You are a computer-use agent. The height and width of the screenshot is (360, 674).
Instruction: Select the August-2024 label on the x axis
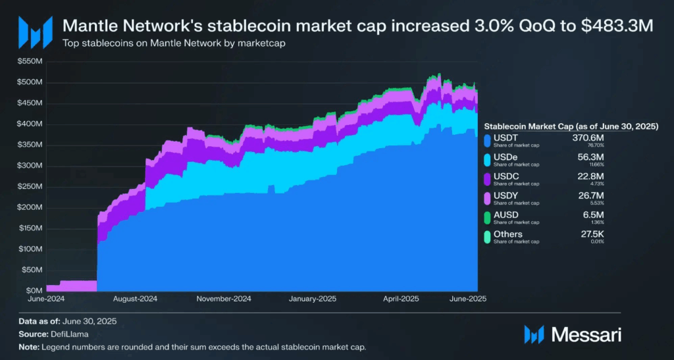tap(134, 298)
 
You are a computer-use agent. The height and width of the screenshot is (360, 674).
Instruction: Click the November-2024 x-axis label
tap(224, 298)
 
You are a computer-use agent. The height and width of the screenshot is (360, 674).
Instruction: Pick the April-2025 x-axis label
tap(401, 298)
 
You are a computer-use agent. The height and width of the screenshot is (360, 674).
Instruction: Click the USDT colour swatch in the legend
tap(487, 140)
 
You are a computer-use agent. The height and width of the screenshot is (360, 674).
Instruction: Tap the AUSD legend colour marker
tap(487, 217)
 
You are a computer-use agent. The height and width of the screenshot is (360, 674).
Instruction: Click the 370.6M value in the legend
tap(589, 137)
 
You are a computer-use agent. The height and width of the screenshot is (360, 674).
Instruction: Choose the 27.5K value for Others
tap(591, 233)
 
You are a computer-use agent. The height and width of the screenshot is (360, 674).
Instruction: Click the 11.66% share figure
tap(594, 165)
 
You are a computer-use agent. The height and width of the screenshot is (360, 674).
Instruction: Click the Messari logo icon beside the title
tap(34, 31)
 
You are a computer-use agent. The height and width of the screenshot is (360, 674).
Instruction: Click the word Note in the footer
tap(28, 347)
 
